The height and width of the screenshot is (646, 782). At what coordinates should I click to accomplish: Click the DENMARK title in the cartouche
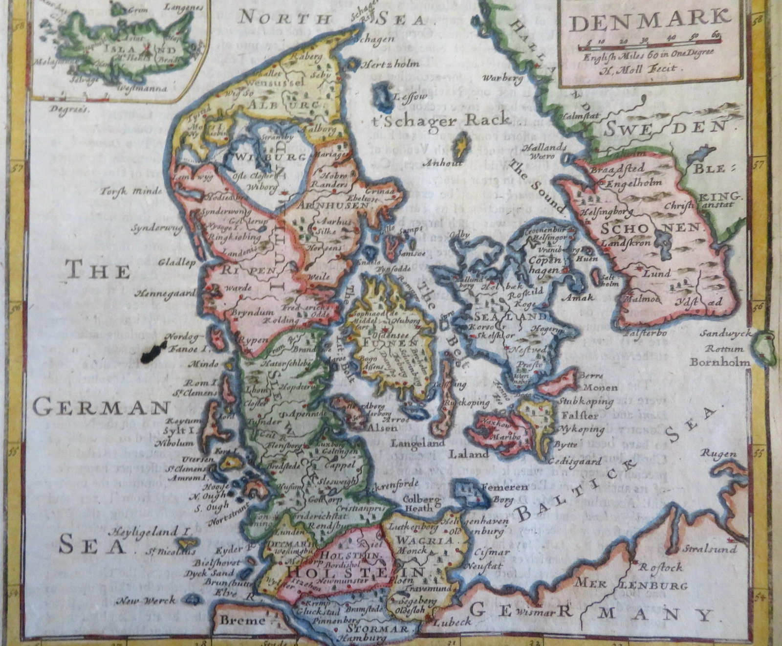(x=650, y=22)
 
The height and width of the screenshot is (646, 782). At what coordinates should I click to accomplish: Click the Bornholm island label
(x=719, y=362)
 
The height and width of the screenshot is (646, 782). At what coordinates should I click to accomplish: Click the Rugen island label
(x=718, y=453)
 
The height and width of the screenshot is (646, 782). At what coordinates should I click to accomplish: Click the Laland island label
(x=469, y=454)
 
